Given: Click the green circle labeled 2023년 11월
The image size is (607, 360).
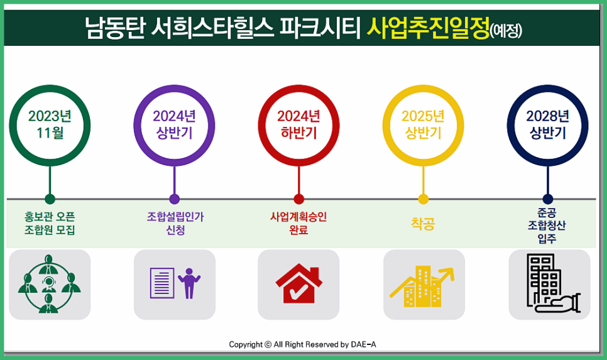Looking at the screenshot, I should (50, 124).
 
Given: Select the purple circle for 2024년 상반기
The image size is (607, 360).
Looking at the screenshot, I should (174, 124).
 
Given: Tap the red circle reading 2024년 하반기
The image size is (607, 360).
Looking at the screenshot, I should (298, 124).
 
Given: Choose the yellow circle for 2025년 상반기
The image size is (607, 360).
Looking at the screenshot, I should (423, 124).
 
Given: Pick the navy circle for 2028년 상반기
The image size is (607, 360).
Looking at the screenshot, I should (547, 124).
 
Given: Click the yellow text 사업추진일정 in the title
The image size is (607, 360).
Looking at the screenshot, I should (427, 28).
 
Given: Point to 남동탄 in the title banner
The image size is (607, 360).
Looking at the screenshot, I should (114, 28).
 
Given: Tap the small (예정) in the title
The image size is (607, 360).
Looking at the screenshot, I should (506, 30).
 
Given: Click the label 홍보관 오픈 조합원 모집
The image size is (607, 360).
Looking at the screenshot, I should (50, 223).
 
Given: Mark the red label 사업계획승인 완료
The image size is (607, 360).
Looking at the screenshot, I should (298, 223).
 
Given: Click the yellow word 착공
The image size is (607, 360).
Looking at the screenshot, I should (423, 224).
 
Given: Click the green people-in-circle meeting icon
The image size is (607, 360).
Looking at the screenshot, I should (50, 285).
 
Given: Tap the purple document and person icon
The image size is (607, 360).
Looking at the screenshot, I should (175, 283).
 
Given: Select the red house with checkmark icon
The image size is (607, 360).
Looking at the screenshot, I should (298, 285).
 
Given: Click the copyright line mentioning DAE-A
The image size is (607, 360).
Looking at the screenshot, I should (302, 344).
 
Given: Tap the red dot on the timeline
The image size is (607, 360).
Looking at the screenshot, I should (298, 199).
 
